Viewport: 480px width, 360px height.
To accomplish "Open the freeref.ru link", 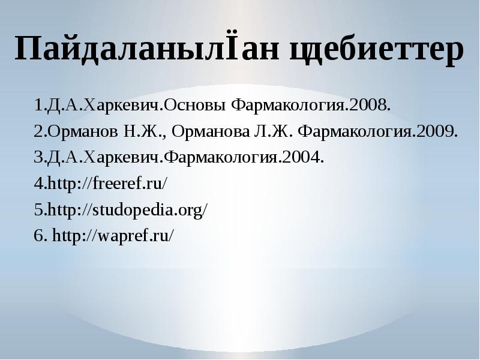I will click(x=109, y=184).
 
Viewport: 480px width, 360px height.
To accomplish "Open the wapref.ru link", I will click(x=114, y=235).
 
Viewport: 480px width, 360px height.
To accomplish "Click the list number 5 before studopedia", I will click(x=38, y=209).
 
